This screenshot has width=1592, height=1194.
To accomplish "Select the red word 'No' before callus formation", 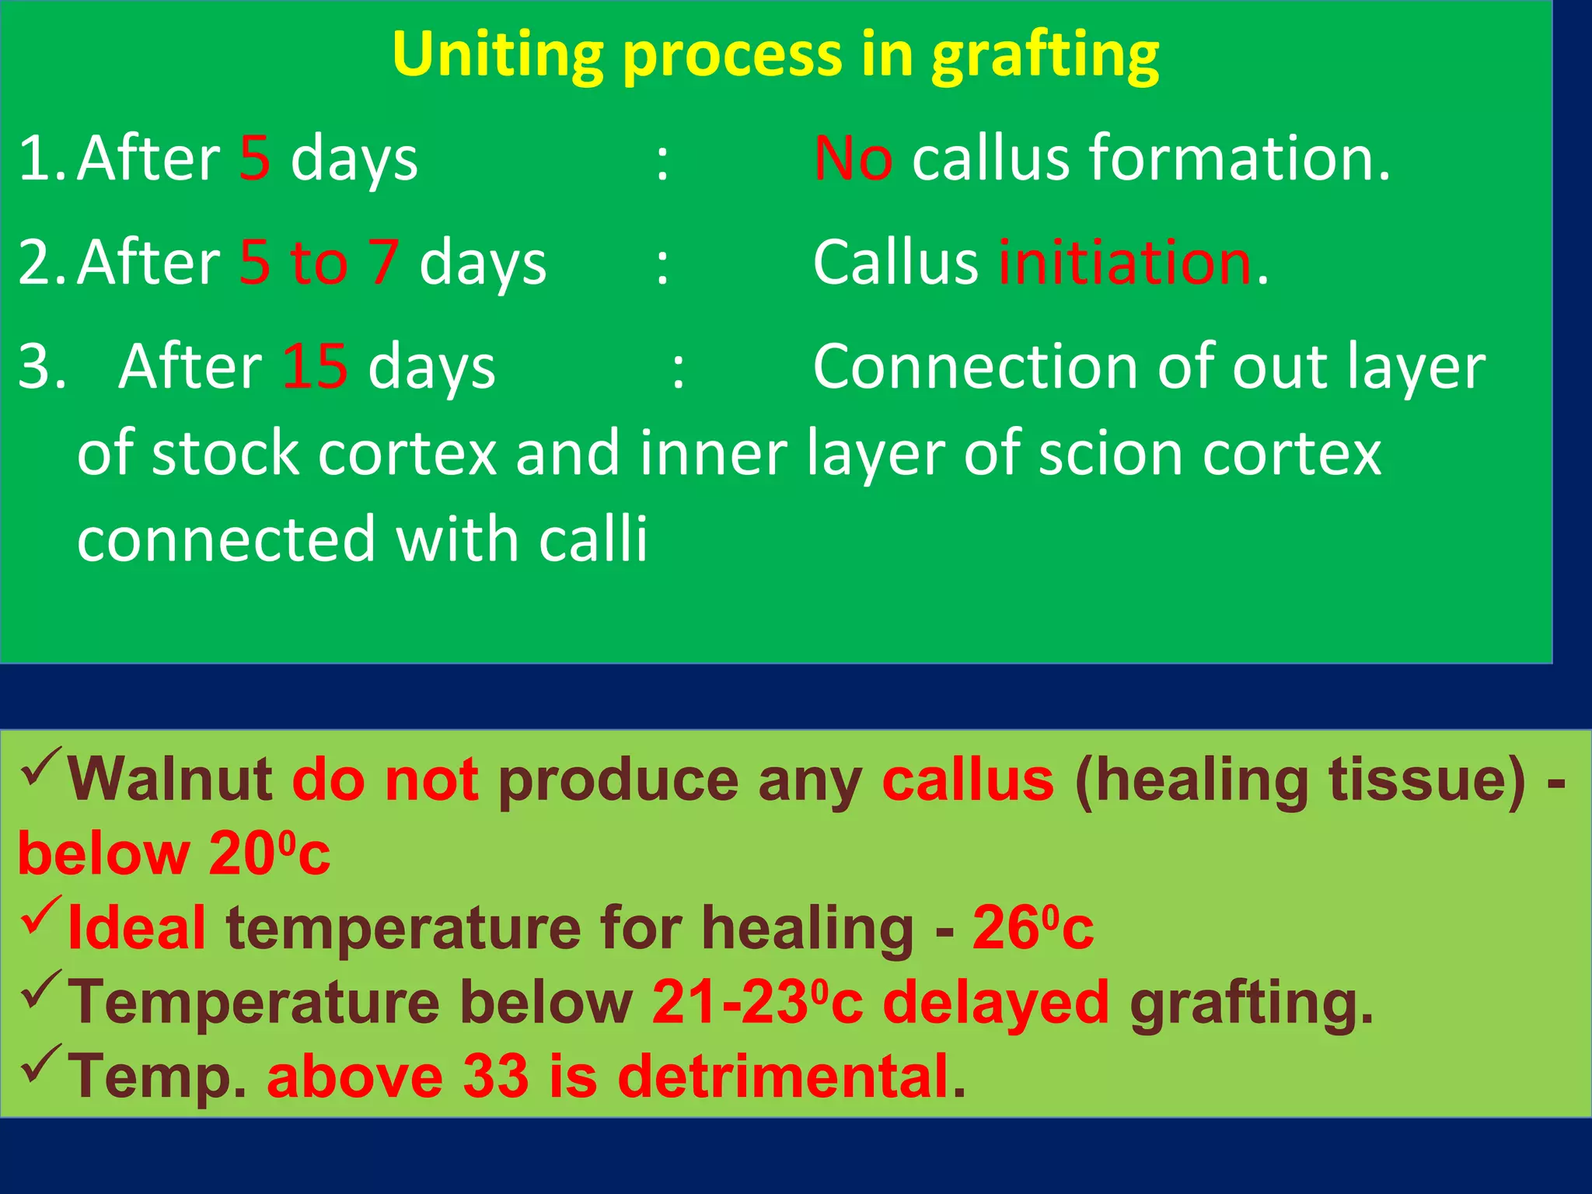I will point(852,159).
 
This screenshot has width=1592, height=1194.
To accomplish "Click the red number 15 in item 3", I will point(314,367).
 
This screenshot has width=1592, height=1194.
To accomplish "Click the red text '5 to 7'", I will point(319,263).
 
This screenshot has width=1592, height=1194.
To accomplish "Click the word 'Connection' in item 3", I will point(976,367).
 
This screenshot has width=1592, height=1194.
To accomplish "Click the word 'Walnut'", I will point(169,780).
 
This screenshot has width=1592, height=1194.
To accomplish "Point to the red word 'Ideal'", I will point(137,927).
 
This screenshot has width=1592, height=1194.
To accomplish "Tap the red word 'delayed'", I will point(996,1002).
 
